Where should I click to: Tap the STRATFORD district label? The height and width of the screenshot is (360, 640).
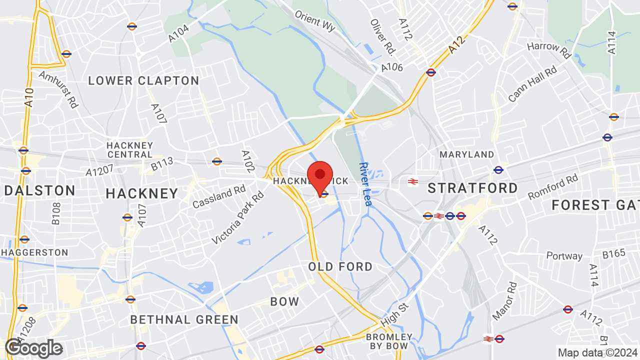(473, 188)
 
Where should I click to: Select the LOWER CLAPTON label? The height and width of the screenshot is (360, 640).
(143, 81)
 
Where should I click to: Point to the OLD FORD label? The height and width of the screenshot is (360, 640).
(340, 266)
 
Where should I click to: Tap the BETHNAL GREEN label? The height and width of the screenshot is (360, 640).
(184, 319)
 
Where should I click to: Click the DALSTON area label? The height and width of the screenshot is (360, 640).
(39, 190)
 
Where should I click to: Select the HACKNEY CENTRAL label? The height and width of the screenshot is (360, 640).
(130, 150)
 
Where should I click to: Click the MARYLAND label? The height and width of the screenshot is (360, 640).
(466, 154)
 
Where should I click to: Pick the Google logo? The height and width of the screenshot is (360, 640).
(33, 348)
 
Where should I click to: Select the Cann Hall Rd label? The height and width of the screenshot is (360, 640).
(532, 84)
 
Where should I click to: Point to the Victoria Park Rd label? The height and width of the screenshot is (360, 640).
(237, 218)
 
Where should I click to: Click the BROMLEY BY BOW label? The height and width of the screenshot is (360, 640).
(389, 341)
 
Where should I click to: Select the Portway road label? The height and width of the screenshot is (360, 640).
(564, 256)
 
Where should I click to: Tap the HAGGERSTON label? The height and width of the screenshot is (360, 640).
(34, 252)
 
